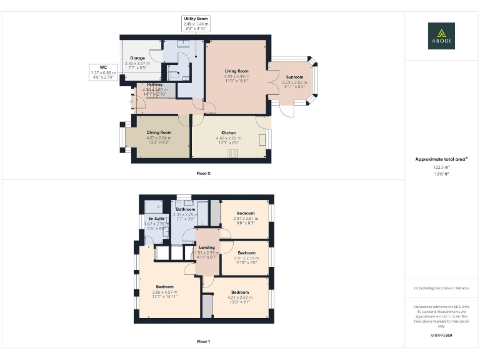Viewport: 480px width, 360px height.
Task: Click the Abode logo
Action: [x=441, y=36]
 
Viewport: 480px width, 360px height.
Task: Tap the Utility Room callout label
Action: [x=196, y=24]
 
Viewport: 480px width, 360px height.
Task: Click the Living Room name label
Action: [x=237, y=72]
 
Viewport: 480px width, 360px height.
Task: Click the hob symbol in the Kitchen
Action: [x=232, y=153]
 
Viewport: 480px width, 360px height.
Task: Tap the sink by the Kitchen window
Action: [x=261, y=137]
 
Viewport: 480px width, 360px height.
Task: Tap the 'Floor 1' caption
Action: [x=204, y=342]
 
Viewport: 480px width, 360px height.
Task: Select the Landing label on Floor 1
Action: [x=207, y=247]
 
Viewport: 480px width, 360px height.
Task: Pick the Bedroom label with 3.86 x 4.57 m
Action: [x=164, y=287]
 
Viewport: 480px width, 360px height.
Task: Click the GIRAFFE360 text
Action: [x=441, y=336]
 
